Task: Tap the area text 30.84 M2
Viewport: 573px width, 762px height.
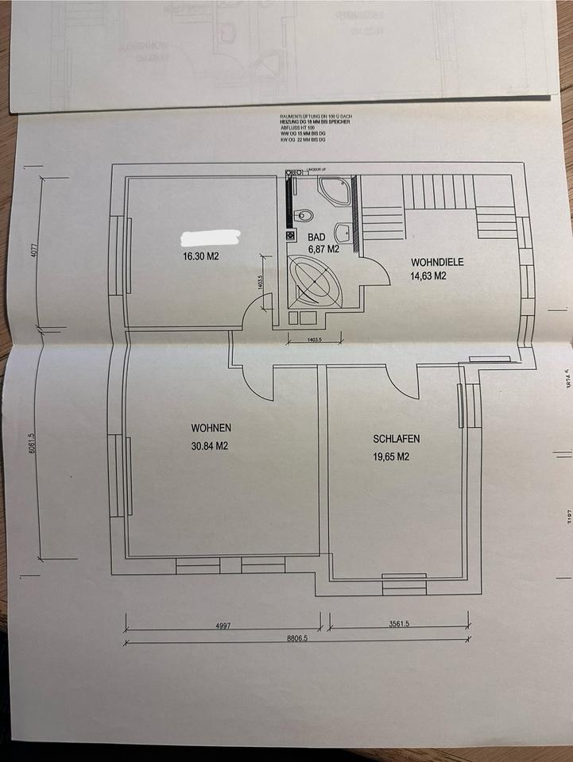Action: pos(210,446)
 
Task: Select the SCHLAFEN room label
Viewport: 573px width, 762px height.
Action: pos(397,439)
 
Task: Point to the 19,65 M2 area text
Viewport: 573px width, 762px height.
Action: pos(391,456)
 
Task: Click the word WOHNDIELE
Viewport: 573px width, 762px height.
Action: pos(437,262)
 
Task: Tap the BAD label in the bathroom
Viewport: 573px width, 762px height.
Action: pos(317,237)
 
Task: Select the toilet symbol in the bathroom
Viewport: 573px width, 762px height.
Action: pos(303,215)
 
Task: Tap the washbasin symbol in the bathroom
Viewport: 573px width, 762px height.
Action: pos(343,233)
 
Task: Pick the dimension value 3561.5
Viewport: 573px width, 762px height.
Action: pos(399,624)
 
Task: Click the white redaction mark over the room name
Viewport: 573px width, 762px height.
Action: pos(211,237)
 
